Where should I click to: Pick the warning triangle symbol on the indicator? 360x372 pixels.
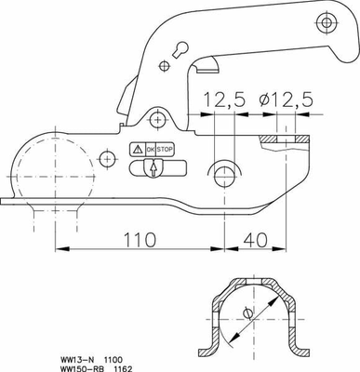tap(137, 149)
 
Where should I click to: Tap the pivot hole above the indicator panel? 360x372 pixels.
tap(158, 119)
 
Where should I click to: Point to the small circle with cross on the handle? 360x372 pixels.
tap(165, 64)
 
